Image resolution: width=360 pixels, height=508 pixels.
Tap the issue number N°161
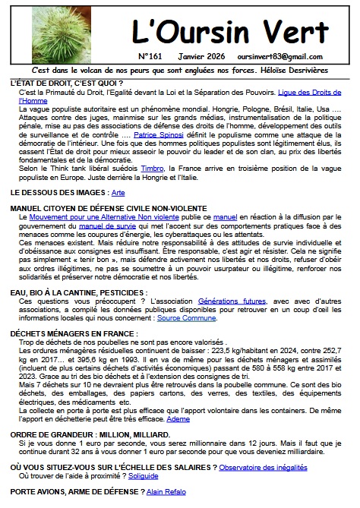[152, 55]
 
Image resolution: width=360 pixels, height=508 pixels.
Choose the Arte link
[118, 194]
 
